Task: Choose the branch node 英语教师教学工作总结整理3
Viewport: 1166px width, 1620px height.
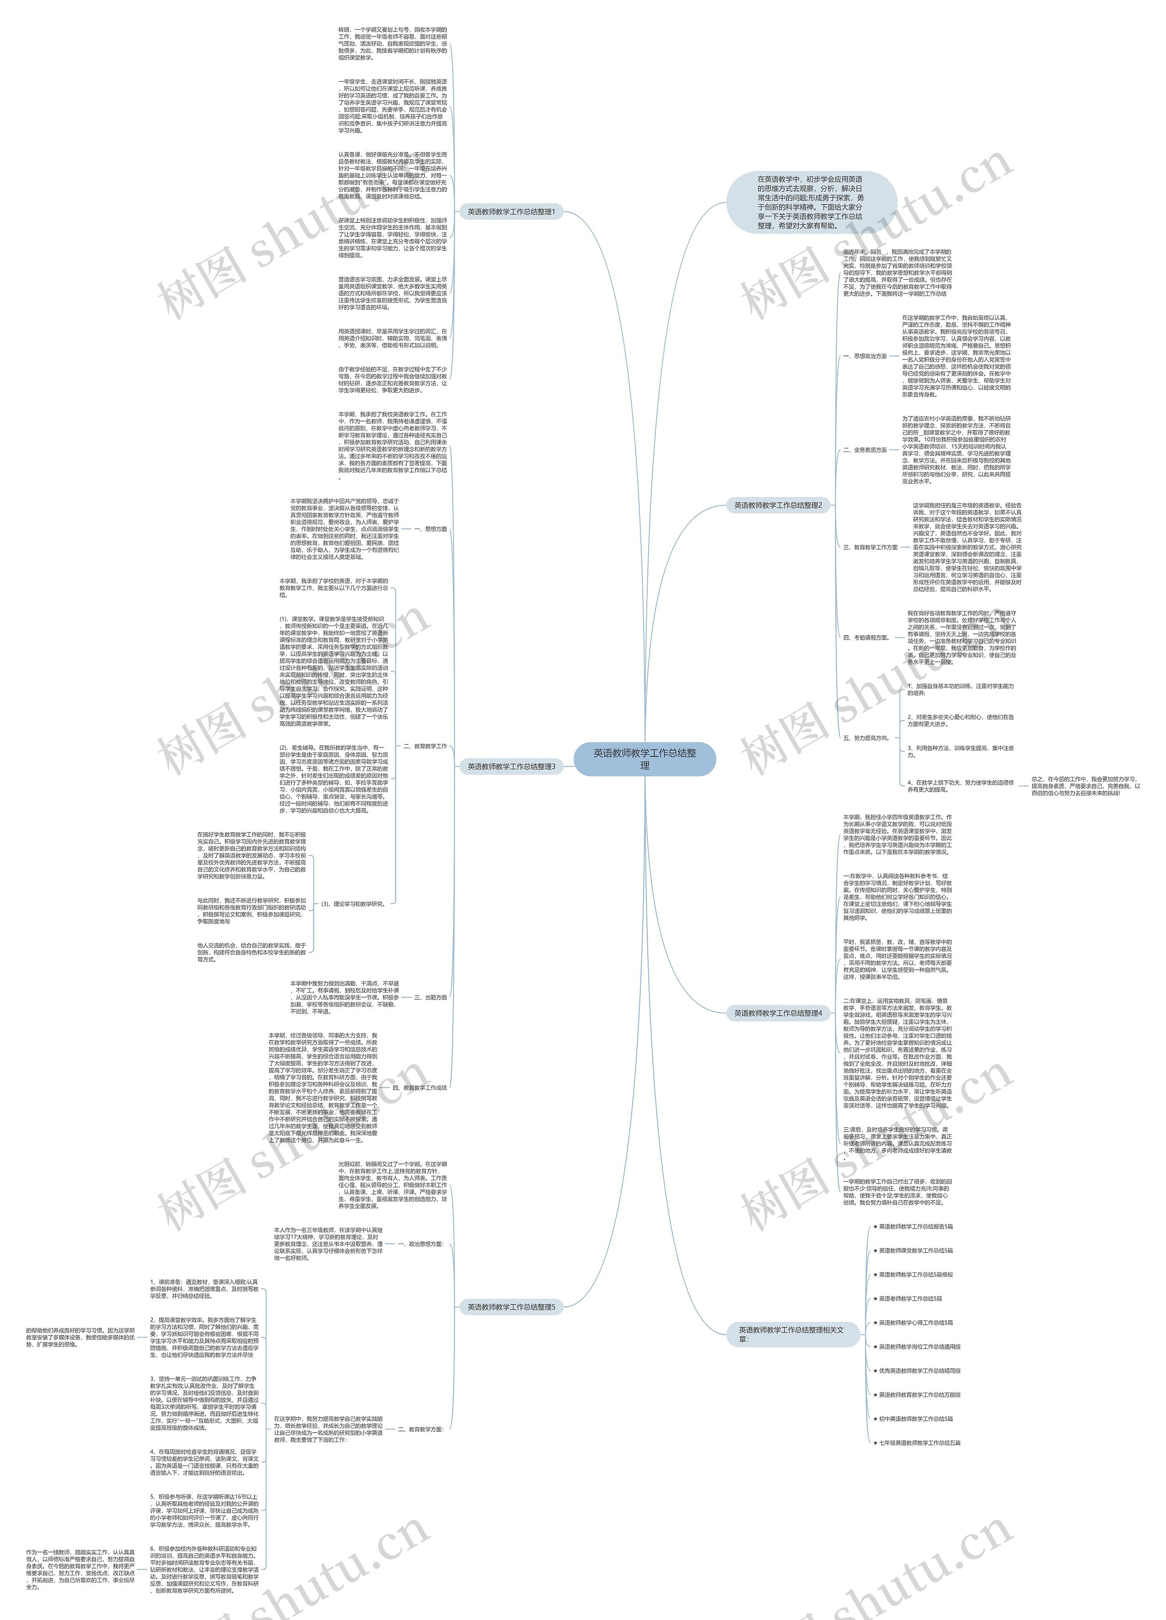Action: coord(511,766)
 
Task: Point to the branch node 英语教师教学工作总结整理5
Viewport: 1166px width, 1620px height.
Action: coord(511,1307)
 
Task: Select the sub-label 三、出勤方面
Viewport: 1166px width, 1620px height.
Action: coord(430,997)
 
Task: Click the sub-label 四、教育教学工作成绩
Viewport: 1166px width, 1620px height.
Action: coord(420,1088)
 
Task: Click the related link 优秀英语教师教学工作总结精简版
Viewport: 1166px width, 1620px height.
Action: coord(920,1371)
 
